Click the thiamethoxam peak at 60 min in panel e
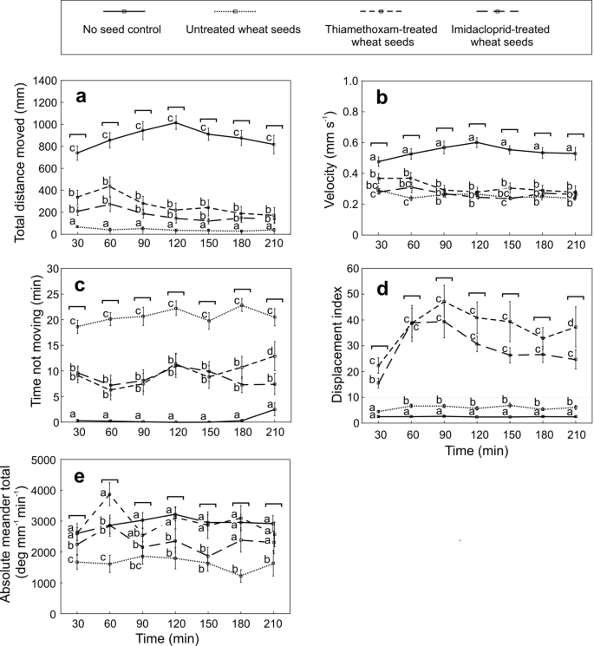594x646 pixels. pyautogui.click(x=110, y=494)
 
